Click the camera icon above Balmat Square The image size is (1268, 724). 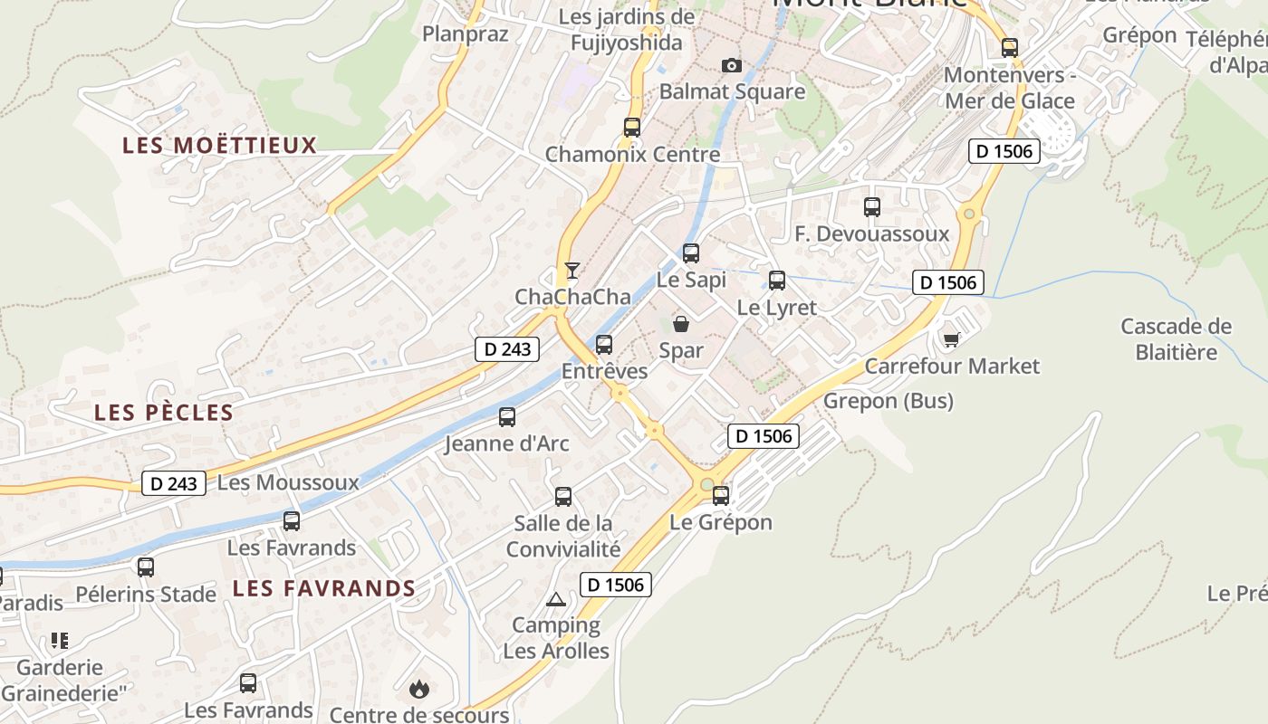731,65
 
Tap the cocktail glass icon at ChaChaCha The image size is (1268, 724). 572,270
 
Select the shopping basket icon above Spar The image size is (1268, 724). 681,323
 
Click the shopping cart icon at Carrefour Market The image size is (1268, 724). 951,339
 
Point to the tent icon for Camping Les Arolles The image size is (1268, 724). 555,599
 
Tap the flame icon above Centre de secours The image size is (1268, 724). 418,689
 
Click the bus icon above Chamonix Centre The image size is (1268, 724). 632,128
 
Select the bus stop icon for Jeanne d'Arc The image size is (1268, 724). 507,417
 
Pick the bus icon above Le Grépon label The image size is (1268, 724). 721,495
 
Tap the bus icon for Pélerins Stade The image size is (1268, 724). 146,567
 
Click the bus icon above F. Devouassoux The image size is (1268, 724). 872,207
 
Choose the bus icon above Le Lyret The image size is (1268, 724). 777,281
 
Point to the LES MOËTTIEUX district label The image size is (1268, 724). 220,145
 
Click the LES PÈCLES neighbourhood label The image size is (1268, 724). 164,413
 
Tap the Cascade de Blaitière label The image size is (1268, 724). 1176,338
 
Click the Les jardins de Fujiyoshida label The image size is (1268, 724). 627,30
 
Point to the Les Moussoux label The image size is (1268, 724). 289,482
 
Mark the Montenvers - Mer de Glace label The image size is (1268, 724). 1009,88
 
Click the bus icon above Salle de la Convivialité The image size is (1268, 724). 563,497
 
